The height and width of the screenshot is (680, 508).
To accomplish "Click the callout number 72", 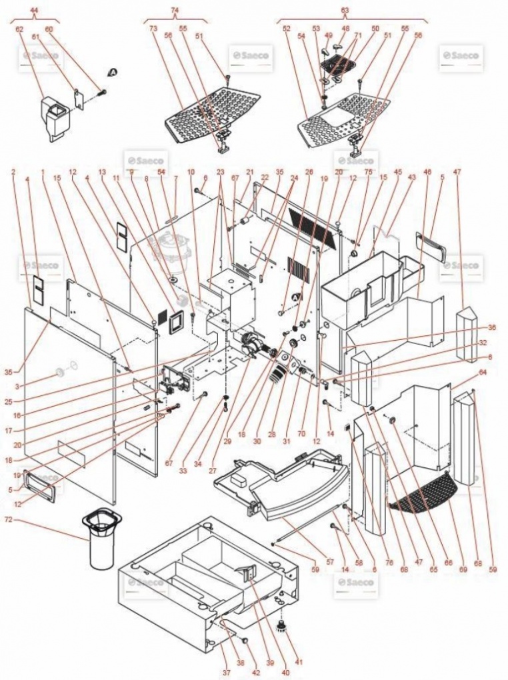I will [9, 519].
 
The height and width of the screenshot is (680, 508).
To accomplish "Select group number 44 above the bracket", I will [34, 12].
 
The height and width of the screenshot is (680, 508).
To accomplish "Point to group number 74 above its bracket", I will [175, 11].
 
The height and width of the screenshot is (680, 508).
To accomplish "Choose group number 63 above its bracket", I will [345, 11].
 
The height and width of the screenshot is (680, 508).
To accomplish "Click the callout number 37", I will [227, 673].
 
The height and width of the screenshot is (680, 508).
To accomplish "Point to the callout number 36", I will [492, 327].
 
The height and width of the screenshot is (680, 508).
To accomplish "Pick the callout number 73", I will [153, 29].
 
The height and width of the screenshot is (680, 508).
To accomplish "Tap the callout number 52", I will [287, 29].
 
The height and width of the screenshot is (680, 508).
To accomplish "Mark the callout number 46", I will [427, 171].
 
